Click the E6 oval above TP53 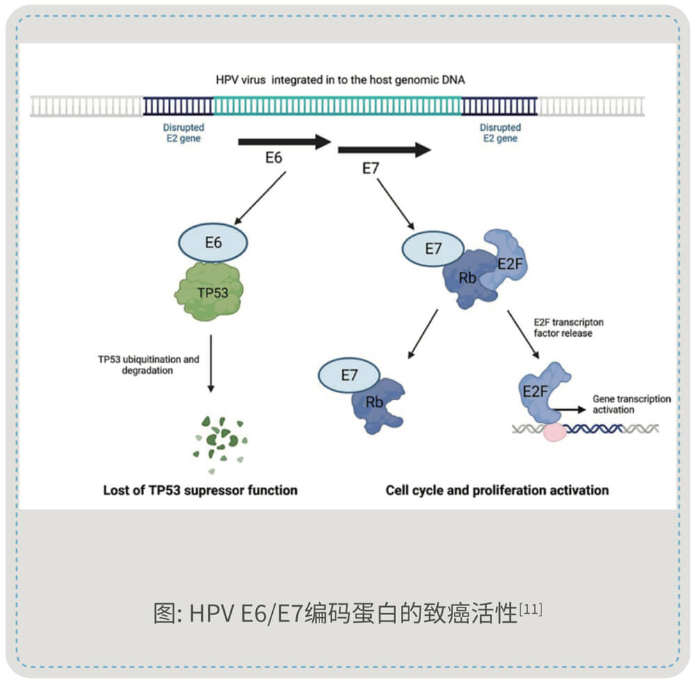coord(213,244)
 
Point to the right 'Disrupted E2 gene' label coord(500,133)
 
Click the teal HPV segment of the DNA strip coord(337,106)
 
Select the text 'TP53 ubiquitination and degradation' coord(148,365)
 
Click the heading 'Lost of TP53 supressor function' coord(200,490)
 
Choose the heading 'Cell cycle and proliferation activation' coord(497,490)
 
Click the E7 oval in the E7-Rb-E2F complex coord(433,250)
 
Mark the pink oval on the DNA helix coord(555,431)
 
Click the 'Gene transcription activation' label coord(631,404)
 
